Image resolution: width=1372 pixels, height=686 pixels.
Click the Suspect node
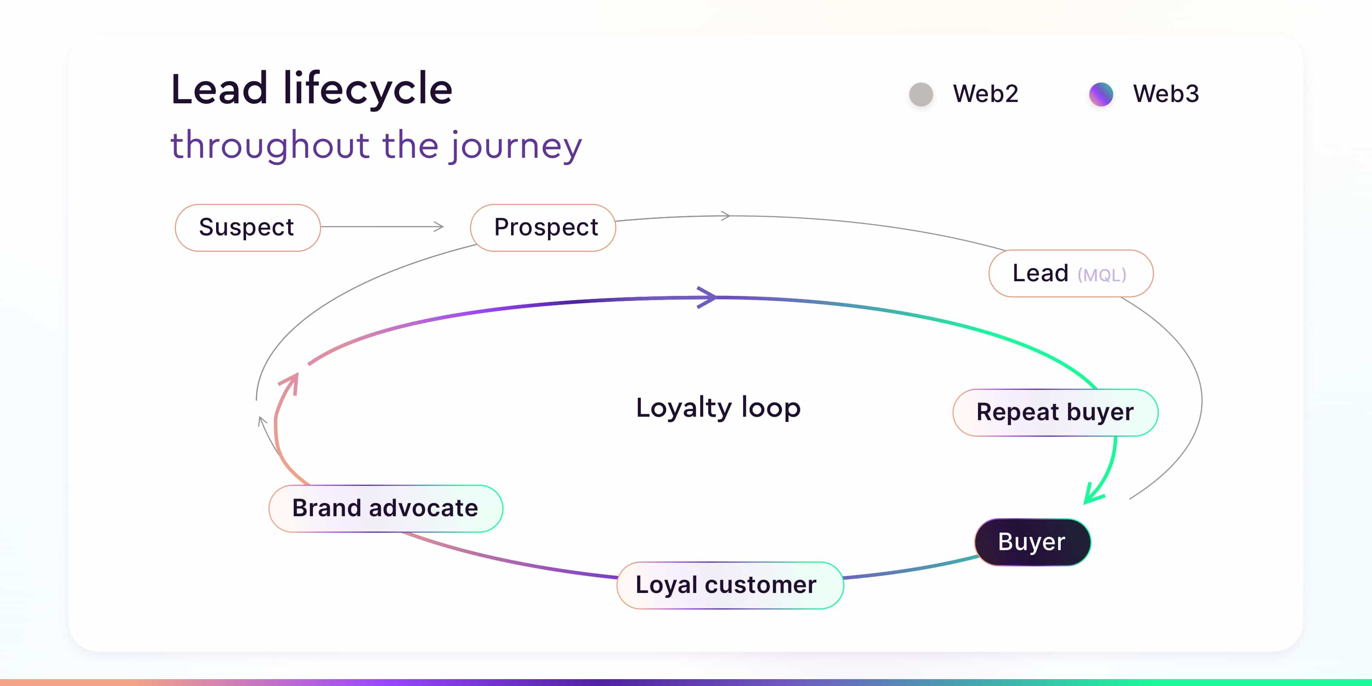[x=248, y=227]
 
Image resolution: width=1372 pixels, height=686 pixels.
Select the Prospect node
[x=543, y=227]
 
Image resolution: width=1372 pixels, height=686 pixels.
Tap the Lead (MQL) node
[x=1071, y=273]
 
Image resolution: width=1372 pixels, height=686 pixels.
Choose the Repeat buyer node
[x=1056, y=412]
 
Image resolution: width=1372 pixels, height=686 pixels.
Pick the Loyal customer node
[x=730, y=585]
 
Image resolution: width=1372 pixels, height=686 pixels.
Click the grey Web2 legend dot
[x=921, y=94]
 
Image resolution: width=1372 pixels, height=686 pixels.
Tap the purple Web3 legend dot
[x=1101, y=94]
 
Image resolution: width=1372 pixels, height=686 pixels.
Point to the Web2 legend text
[x=985, y=94]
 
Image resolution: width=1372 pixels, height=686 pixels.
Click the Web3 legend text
[x=1166, y=94]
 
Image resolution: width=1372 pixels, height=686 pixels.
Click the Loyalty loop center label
[x=718, y=407]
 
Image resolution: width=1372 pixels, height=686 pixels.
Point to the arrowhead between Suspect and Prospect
[x=438, y=226]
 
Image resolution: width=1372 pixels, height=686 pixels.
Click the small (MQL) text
[x=1102, y=275]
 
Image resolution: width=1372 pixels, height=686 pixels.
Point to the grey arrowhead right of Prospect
[x=725, y=216]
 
